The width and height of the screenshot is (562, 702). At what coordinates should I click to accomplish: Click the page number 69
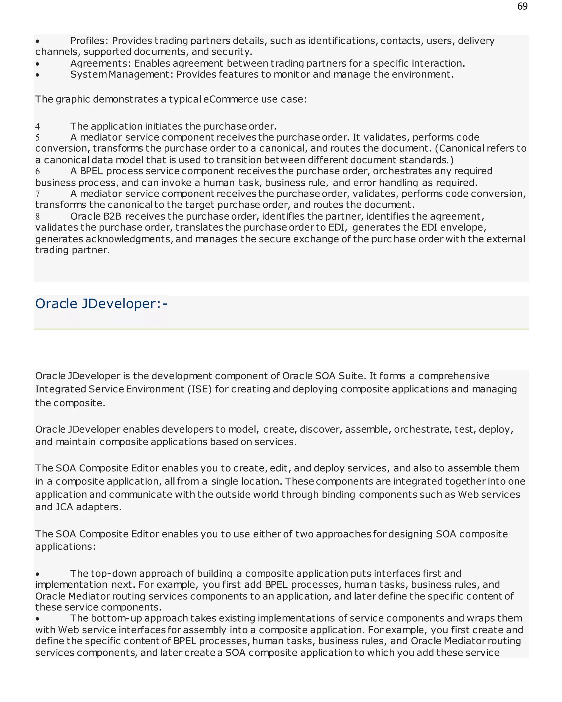click(x=522, y=7)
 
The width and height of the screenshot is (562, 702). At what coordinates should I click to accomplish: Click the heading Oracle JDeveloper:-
click(x=101, y=304)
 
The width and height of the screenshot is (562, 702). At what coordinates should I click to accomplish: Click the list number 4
click(x=38, y=127)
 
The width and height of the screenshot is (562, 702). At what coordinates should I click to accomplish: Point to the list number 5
click(x=38, y=138)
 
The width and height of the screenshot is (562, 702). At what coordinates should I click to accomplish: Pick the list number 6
click(x=38, y=172)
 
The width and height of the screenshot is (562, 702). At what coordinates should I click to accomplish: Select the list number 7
click(x=38, y=194)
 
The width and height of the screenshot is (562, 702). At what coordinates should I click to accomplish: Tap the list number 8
click(x=38, y=217)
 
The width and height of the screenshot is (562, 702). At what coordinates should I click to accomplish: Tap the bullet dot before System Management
click(x=38, y=75)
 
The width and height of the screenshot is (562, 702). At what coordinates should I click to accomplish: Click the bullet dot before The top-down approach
click(x=38, y=574)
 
